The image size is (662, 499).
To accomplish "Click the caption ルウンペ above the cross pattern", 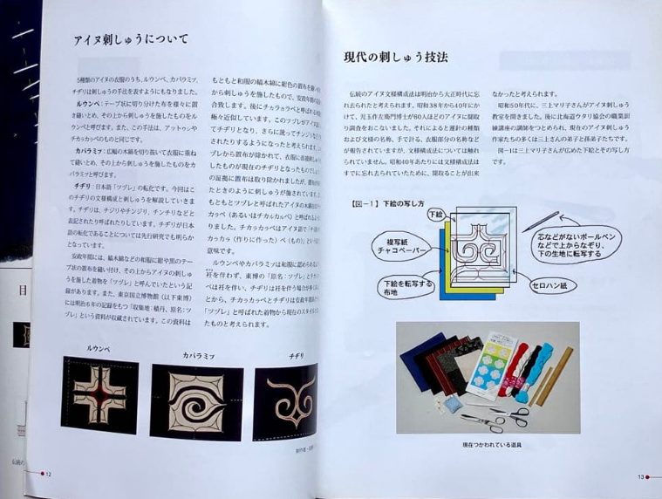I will click(98, 348).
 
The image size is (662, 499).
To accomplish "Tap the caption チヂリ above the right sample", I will click(296, 355).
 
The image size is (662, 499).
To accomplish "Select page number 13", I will click(639, 476).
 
